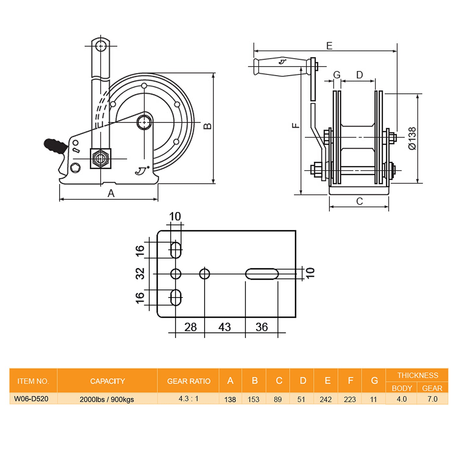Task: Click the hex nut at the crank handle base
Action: point(100,158)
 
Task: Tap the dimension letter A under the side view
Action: point(111,193)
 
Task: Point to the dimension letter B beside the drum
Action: point(208,126)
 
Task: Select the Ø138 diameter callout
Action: point(412,138)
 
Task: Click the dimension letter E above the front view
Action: point(329,46)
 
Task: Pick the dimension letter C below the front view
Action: point(359,201)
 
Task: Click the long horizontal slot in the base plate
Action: point(262,274)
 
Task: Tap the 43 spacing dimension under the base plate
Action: point(224,327)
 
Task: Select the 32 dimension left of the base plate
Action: point(140,274)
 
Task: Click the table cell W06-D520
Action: point(31,399)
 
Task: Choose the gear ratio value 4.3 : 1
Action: point(188,399)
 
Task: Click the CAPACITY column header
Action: point(107,381)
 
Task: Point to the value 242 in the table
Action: point(325,399)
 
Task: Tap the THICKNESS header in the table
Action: point(417,375)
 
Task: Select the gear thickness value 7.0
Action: point(432,399)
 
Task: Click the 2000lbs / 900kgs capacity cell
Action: point(107,399)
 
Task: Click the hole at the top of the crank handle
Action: point(100,46)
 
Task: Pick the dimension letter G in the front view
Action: point(336,75)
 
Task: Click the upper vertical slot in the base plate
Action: point(176,250)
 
